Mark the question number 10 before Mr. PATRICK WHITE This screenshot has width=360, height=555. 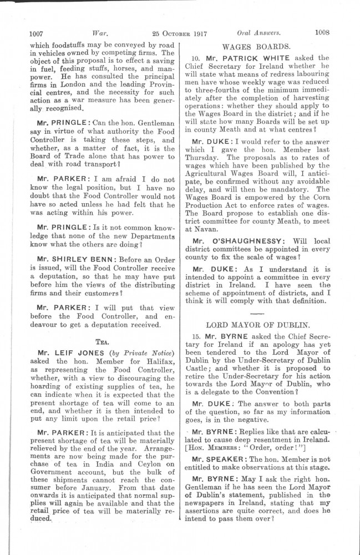tap(195, 57)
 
